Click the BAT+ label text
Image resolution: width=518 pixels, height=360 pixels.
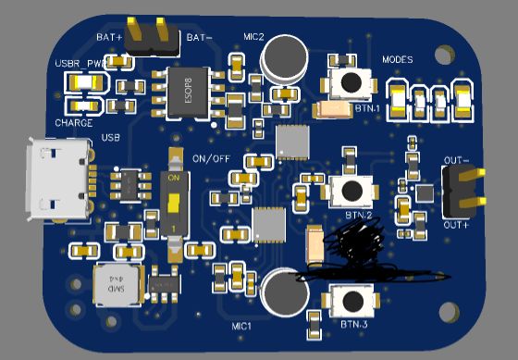[x=109, y=37]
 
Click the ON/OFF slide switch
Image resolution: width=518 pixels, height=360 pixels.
[x=173, y=203]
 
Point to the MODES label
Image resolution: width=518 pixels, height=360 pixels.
[x=397, y=60]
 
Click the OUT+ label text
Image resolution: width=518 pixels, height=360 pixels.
[x=457, y=225]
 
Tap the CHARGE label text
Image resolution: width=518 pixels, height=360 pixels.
[x=73, y=122]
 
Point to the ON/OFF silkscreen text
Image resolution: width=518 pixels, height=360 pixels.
[x=211, y=156]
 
